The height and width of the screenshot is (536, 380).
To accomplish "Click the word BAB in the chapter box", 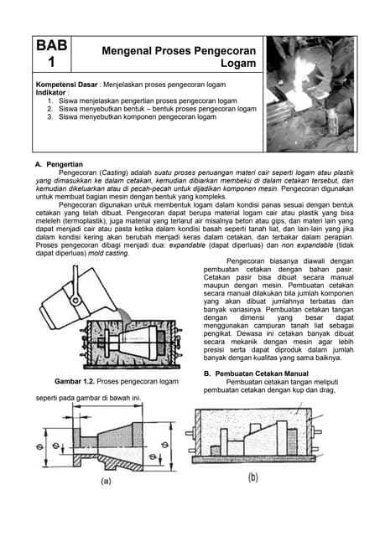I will coord(51,47).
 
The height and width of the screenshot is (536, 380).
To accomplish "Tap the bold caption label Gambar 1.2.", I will coord(79,382).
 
